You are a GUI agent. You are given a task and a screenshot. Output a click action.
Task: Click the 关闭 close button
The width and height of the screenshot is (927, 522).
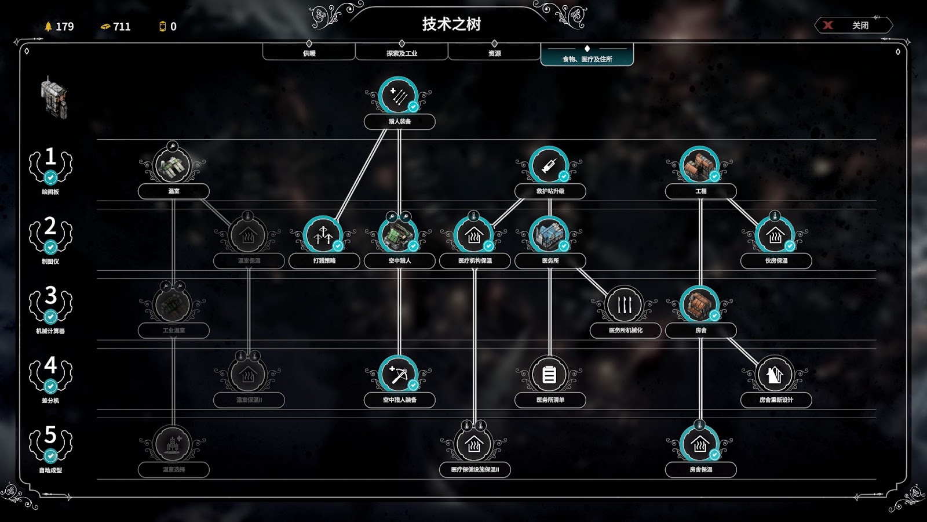pyautogui.click(x=853, y=26)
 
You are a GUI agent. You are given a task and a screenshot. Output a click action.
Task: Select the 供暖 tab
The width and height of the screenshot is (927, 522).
pyautogui.click(x=309, y=52)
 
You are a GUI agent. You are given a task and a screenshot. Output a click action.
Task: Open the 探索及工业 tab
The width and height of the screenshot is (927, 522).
pyautogui.click(x=402, y=52)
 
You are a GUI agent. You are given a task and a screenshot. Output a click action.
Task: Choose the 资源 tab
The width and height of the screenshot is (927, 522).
pyautogui.click(x=494, y=52)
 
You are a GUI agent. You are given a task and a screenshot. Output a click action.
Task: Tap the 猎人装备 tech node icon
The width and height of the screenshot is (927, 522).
pyautogui.click(x=399, y=96)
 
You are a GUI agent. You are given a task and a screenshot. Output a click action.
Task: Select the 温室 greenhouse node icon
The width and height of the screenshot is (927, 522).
pyautogui.click(x=173, y=166)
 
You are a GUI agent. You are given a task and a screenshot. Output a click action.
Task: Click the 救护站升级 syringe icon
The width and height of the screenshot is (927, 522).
pyautogui.click(x=549, y=166)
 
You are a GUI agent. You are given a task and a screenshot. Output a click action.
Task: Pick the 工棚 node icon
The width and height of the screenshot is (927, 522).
pyautogui.click(x=700, y=166)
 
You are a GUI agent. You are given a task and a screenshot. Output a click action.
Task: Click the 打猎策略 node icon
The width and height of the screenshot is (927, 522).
pyautogui.click(x=323, y=235)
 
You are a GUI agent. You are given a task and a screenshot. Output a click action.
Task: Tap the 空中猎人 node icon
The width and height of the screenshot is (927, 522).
pyautogui.click(x=399, y=235)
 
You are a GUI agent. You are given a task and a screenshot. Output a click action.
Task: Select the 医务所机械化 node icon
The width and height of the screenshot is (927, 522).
pyautogui.click(x=625, y=305)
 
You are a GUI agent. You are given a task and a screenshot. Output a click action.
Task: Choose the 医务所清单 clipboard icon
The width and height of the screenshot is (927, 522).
pyautogui.click(x=549, y=375)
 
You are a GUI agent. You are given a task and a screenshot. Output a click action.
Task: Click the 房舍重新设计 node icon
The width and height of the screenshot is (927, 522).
pyautogui.click(x=775, y=375)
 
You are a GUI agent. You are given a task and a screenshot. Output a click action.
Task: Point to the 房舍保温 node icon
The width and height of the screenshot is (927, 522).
pyautogui.click(x=700, y=444)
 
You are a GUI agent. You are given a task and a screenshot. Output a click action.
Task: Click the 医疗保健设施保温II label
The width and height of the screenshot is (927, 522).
pyautogui.click(x=475, y=469)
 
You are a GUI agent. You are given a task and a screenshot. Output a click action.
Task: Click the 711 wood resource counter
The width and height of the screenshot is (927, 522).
pyautogui.click(x=116, y=27)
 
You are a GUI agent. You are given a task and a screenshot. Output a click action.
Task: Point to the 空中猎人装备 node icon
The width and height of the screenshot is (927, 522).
pyautogui.click(x=399, y=375)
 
